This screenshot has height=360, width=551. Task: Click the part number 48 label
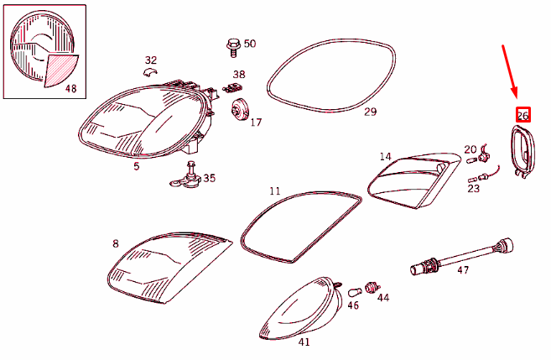[70, 88]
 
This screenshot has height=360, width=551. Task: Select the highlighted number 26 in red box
[522, 115]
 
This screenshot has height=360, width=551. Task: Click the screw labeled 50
[232, 44]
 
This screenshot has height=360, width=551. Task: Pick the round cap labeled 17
[240, 110]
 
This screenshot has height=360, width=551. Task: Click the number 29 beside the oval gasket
[370, 111]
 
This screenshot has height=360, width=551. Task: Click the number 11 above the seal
[274, 190]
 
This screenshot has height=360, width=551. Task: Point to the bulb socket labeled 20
[484, 155]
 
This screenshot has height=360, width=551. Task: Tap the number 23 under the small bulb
[474, 189]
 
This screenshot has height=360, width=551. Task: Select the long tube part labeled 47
[461, 257]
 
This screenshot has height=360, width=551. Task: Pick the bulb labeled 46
[355, 290]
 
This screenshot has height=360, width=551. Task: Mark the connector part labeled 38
[234, 87]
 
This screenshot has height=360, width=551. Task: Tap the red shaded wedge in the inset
[60, 69]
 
